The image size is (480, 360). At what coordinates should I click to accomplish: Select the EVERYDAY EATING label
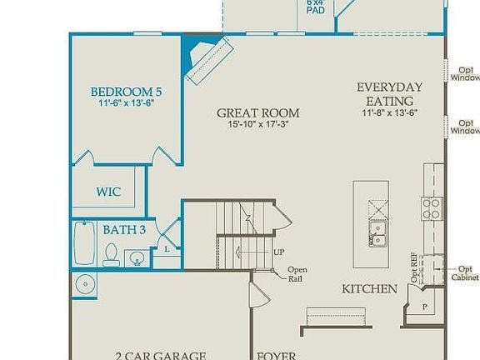(389, 93)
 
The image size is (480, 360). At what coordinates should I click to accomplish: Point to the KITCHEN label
(369, 289)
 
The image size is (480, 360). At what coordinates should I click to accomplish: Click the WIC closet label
(107, 192)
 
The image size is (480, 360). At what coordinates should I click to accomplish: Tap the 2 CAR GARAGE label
(160, 355)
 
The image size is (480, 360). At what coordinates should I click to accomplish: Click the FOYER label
(276, 356)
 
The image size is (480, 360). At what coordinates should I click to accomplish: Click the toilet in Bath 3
(110, 255)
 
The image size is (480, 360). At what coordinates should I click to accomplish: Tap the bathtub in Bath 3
(84, 243)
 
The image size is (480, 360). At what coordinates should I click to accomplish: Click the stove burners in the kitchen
(431, 208)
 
